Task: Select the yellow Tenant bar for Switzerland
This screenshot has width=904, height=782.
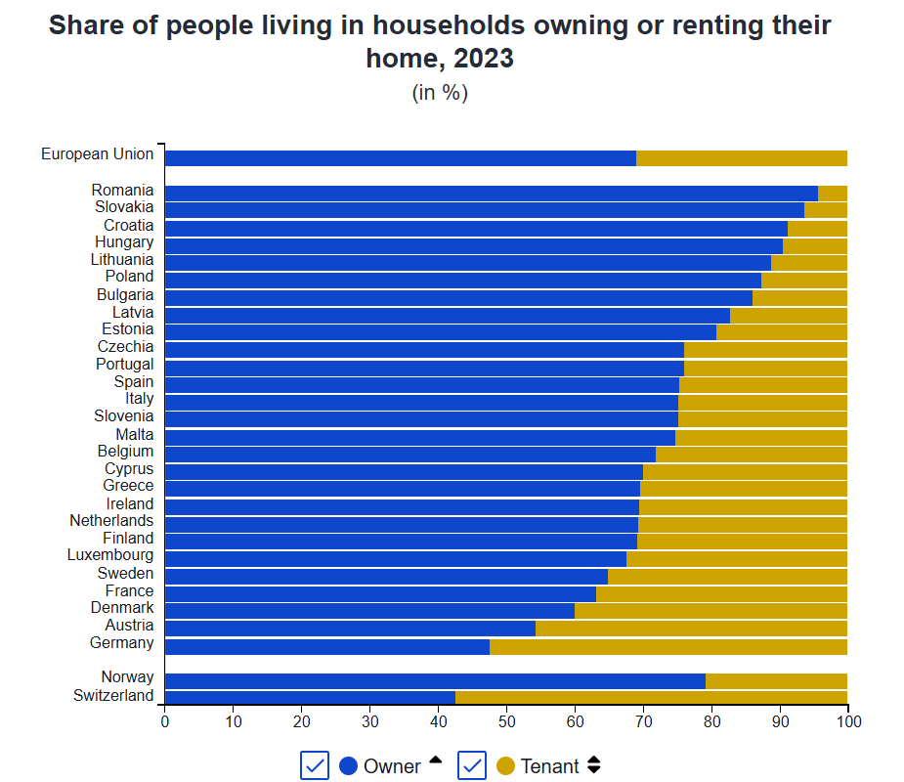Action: point(651,696)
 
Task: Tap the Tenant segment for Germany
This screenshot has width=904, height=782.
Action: point(668,646)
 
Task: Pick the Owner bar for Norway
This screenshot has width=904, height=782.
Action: point(435,680)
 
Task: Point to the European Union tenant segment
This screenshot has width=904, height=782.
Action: point(741,158)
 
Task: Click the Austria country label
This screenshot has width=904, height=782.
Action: point(129,626)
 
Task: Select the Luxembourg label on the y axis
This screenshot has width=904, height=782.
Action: point(109,555)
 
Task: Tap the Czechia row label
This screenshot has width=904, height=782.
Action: point(125,347)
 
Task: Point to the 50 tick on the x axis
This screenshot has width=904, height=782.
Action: point(506,721)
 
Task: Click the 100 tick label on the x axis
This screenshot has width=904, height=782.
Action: point(847,721)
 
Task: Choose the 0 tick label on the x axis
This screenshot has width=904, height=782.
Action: point(165,721)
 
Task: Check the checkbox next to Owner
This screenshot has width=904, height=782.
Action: point(315,766)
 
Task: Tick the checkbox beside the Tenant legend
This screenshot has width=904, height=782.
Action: point(472,766)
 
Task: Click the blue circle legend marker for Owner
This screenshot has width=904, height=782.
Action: point(348,766)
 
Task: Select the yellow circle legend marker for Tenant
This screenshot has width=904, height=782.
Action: point(505,766)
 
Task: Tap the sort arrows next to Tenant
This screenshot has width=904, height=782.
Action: point(593,765)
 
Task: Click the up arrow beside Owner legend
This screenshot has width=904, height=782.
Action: point(435,760)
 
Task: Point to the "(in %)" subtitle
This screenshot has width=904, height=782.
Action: point(440,93)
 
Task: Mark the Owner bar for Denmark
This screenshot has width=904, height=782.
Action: point(369,611)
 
